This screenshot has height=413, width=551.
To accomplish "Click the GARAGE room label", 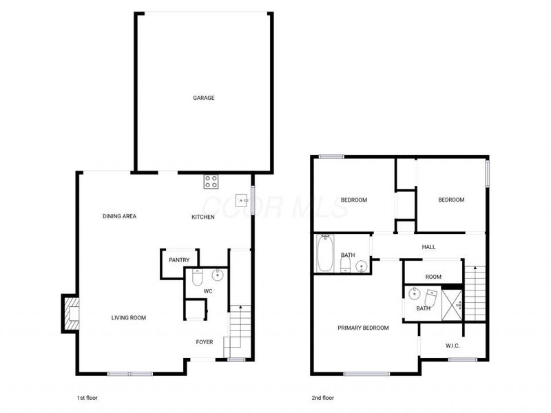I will (x=203, y=98).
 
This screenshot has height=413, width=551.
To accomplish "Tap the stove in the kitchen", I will (x=211, y=182).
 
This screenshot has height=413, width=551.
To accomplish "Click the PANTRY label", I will (x=179, y=260).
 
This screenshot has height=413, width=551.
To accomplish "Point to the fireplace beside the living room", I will (x=70, y=313).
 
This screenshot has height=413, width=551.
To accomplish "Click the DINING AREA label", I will (x=119, y=216).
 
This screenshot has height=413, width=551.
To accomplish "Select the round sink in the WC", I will (x=217, y=276).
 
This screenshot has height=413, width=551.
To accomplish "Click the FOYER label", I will (x=205, y=342).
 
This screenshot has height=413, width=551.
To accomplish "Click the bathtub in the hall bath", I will (x=324, y=253).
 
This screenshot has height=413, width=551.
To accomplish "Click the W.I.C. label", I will (x=453, y=345).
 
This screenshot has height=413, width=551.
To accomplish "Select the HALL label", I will (x=428, y=247).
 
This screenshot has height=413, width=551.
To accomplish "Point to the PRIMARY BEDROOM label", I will (x=363, y=328).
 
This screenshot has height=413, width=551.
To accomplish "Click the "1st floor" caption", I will (x=87, y=398).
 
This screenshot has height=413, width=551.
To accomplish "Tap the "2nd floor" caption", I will (x=322, y=398).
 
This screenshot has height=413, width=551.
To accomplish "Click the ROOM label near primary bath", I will (x=433, y=277).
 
